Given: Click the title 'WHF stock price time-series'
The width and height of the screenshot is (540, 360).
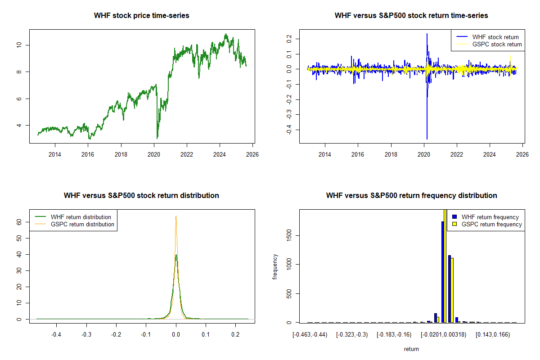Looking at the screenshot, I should coord(141,16).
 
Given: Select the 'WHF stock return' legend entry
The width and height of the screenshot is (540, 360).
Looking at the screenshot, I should coord(495,37).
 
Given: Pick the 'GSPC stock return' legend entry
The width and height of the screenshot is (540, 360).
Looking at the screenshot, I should coord(497,44).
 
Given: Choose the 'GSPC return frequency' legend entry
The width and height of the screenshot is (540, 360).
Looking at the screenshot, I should coord(492,224).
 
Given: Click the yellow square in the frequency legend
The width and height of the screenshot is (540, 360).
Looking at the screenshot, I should coord(454,224).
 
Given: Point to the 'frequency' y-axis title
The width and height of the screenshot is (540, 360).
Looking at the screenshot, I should coord(275,267).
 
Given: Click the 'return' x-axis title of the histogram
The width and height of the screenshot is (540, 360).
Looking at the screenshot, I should coord(411,349).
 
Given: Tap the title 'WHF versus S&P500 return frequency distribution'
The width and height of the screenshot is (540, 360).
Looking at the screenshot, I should coord(411,196).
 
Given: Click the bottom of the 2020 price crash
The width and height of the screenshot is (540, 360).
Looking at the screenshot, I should coord(157,138).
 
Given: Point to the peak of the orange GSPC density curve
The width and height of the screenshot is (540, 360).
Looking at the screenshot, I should coord(176,216).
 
